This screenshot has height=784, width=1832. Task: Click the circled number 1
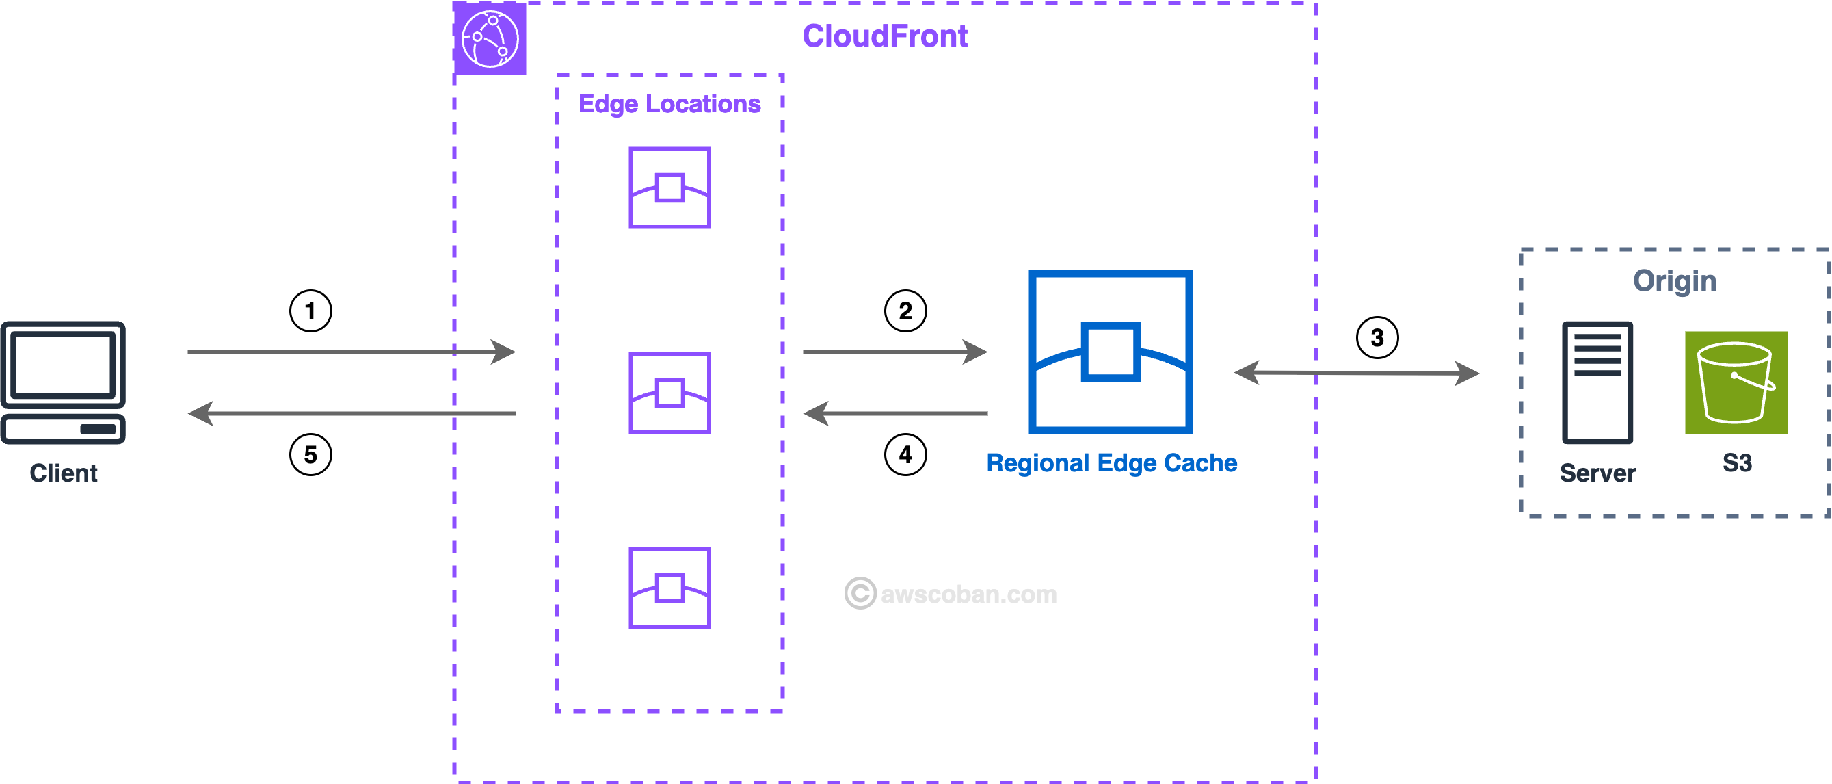(310, 311)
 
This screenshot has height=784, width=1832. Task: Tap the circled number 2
(905, 311)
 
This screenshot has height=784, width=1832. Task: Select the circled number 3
(1377, 337)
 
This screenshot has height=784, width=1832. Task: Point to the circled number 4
(905, 455)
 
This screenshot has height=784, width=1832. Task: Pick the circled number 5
(310, 455)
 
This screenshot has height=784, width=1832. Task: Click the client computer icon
(64, 382)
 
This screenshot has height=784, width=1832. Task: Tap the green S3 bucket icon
(1736, 382)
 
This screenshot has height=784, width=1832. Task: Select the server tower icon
(1597, 382)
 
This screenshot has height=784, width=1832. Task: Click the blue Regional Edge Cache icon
(1110, 352)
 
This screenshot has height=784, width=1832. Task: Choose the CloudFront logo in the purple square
(490, 38)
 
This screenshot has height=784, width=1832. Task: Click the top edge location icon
(669, 188)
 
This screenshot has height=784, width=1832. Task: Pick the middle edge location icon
(669, 393)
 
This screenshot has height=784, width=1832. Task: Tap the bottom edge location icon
(669, 588)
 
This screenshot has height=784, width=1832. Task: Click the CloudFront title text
(885, 36)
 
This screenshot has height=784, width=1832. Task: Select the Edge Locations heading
(669, 104)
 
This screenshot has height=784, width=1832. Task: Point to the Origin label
(1674, 281)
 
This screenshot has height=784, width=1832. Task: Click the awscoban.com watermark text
(968, 594)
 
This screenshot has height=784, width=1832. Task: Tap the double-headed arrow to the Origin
(1356, 373)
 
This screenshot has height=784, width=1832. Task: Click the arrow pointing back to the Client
(351, 413)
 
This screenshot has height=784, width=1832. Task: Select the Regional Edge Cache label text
(1111, 463)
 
